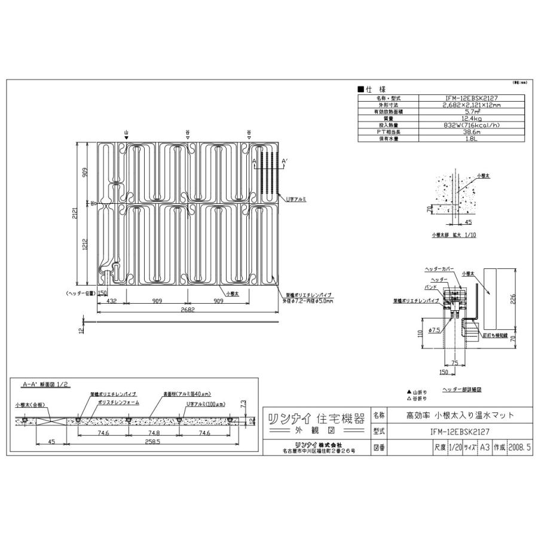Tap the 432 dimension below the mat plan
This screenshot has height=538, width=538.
coord(111,301)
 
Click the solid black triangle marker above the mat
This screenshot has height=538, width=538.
coord(126,138)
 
